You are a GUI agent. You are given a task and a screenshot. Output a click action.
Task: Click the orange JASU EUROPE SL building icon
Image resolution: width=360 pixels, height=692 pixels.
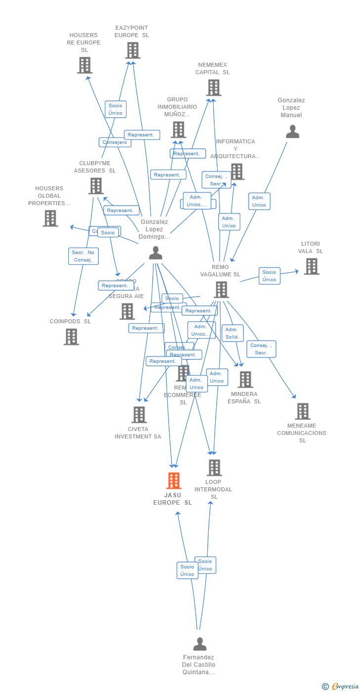click(x=174, y=480)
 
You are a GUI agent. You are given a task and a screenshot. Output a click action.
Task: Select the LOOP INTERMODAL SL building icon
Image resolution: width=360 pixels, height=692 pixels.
click(x=214, y=468)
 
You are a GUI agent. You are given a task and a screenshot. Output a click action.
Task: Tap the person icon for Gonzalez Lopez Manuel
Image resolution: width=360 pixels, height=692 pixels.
click(x=293, y=132)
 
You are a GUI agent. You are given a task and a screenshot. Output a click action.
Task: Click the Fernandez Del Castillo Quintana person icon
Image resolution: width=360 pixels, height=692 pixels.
click(x=200, y=644)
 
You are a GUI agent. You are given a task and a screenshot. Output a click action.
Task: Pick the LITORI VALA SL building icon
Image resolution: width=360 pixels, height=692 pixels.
click(x=311, y=266)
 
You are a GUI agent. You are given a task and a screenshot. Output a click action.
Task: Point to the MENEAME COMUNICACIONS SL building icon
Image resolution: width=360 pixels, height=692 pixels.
click(x=303, y=411)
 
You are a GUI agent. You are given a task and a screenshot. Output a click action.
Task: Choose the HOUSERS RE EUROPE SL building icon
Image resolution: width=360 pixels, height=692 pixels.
click(x=85, y=65)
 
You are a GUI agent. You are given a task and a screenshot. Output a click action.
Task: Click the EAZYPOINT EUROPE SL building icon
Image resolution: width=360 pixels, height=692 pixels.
click(x=133, y=50)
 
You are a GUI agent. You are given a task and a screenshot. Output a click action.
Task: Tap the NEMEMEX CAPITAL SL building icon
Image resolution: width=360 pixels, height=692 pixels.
click(x=214, y=87)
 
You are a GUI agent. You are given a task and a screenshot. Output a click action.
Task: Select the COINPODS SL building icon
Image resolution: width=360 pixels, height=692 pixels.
click(x=71, y=337)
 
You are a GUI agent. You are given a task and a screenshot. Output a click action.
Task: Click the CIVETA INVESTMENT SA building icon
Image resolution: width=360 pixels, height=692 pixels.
click(x=139, y=415)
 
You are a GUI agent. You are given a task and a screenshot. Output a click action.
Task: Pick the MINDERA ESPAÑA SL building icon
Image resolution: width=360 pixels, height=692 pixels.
click(x=245, y=380)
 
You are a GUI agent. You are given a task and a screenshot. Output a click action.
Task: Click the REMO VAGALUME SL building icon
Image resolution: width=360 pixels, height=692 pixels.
click(x=221, y=290)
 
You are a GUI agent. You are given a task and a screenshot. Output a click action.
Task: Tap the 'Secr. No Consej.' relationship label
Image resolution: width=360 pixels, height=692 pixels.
click(x=84, y=256)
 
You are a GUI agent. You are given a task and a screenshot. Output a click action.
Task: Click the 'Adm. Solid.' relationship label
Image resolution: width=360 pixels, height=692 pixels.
click(x=232, y=333)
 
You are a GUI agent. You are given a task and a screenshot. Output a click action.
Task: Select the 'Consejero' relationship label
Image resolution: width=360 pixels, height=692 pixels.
click(x=115, y=142)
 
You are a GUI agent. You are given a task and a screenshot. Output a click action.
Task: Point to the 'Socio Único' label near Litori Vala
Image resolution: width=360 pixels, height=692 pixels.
click(x=270, y=276)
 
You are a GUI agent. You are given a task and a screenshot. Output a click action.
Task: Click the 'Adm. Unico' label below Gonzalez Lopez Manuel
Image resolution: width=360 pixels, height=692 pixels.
click(x=259, y=201)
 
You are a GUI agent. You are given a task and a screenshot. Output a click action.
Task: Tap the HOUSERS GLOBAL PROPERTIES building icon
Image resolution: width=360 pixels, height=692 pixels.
click(x=50, y=218)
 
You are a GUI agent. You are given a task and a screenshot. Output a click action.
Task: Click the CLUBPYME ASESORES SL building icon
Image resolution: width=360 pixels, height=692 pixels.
click(x=96, y=186)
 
